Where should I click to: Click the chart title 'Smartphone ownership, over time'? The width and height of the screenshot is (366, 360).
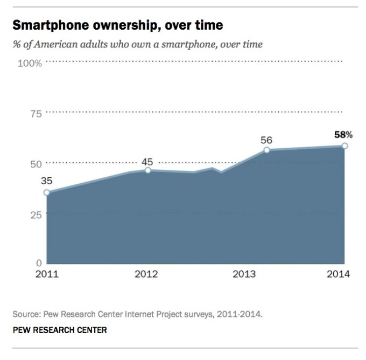(117, 25)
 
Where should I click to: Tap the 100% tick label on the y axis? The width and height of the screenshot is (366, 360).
(30, 64)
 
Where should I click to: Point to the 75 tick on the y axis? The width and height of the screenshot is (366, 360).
(36, 114)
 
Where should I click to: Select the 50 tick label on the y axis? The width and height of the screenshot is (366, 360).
(36, 164)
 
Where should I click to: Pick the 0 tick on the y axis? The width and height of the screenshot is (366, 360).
(39, 263)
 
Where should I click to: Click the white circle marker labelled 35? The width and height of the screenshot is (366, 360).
(47, 192)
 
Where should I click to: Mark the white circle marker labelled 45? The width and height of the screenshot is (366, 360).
(148, 170)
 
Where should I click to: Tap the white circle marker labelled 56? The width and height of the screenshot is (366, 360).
(266, 150)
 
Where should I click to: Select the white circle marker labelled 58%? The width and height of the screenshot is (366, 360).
(344, 146)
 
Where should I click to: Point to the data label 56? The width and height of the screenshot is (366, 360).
(266, 140)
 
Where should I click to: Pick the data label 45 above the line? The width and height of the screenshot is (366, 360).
(148, 161)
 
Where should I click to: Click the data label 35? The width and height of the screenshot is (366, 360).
(47, 181)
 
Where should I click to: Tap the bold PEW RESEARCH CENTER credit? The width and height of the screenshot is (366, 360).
(60, 330)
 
